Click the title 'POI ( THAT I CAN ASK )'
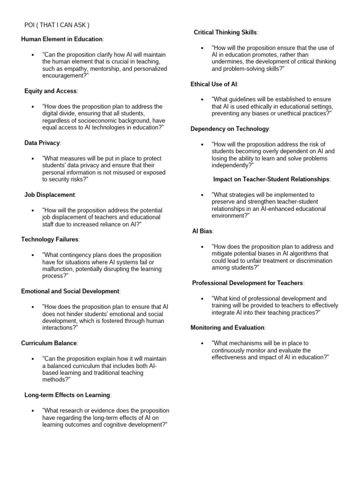click(57, 25)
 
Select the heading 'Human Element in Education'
click(62, 39)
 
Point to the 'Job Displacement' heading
click(50, 195)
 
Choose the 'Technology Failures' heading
click(50, 240)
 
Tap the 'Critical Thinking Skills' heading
click(225, 32)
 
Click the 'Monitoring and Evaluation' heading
click(228, 327)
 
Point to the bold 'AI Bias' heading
click(202, 231)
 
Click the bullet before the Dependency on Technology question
click(202, 144)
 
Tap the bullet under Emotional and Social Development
click(32, 307)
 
